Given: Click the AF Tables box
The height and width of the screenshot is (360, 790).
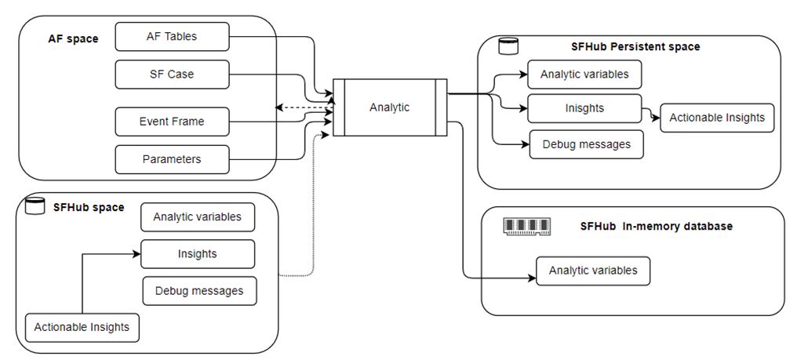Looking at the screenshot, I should (x=172, y=36).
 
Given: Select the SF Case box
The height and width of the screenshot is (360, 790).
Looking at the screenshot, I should (x=172, y=75).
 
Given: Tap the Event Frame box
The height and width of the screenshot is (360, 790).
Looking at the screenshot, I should (x=172, y=122).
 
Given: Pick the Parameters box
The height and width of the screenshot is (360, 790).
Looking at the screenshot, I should (x=172, y=159).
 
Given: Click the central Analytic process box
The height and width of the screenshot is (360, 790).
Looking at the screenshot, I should (x=390, y=107).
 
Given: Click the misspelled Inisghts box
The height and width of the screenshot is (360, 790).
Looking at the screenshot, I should (x=584, y=108).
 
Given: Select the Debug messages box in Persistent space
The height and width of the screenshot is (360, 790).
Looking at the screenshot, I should (x=586, y=144).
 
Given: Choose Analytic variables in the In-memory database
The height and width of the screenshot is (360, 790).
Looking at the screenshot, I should (x=593, y=271).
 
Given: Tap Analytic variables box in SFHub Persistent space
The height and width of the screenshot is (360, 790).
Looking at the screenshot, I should (x=584, y=75).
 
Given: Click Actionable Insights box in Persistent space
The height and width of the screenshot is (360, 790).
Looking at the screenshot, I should (x=717, y=118).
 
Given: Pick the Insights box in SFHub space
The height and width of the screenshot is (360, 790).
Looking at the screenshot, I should (x=198, y=254).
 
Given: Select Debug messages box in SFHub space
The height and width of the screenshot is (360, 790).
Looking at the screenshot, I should (x=199, y=291).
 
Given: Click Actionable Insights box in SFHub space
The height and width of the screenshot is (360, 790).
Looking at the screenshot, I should (x=82, y=327).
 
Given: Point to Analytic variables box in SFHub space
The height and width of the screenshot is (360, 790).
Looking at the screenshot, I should (x=198, y=217).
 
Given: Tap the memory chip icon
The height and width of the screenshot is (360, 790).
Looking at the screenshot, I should (x=526, y=226).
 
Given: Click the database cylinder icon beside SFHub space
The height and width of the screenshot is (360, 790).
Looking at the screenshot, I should (x=34, y=206).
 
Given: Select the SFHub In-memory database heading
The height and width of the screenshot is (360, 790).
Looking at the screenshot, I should (x=656, y=226).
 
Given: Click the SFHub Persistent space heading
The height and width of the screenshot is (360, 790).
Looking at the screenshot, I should (x=635, y=47).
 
